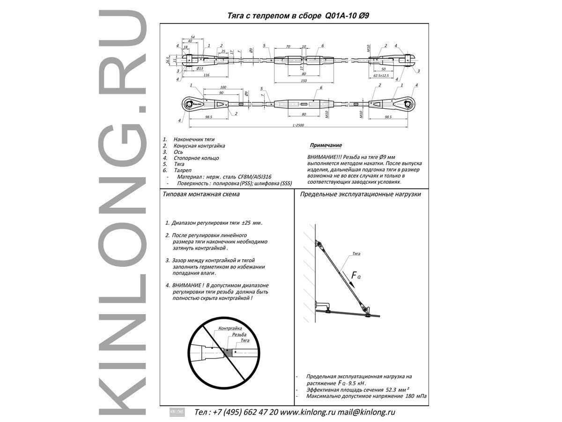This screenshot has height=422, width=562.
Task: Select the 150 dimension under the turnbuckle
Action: (303, 81)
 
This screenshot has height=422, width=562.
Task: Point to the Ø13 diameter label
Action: (199, 68)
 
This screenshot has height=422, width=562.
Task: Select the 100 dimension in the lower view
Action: (223, 88)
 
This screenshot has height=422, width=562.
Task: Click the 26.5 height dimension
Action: (168, 60)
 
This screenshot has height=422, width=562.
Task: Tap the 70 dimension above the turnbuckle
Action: (288, 47)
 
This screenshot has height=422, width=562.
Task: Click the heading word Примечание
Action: (325, 146)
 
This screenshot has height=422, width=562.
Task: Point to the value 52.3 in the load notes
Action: (392, 390)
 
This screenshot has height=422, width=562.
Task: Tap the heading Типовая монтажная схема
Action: (201, 194)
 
